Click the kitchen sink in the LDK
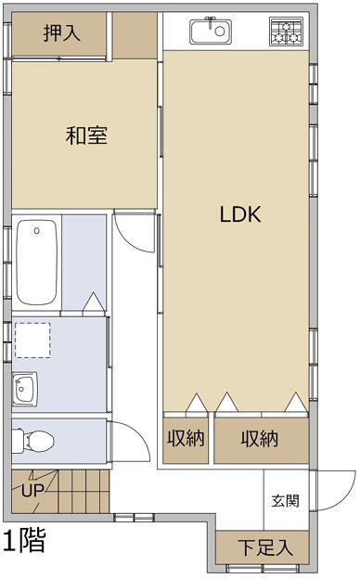[x=211, y=31]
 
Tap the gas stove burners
[x=286, y=32]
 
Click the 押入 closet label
[x=62, y=33]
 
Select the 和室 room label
[x=87, y=135]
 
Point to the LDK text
[x=240, y=214]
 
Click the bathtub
[x=37, y=263]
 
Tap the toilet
[x=33, y=441]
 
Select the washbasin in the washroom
[x=25, y=389]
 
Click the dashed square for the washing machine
[x=32, y=341]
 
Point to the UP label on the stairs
[x=32, y=491]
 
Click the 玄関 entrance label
[x=285, y=501]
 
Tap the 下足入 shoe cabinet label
[x=265, y=547]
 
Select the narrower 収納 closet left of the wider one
[x=186, y=440]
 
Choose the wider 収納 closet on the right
[x=262, y=440]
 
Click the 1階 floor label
[x=24, y=540]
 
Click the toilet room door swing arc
[x=139, y=434]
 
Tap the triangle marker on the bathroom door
[x=94, y=302]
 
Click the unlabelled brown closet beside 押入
[x=135, y=35]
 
